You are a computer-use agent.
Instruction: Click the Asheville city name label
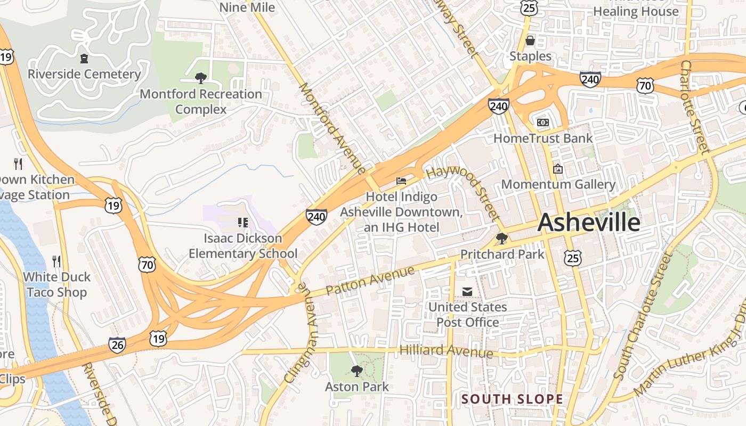589,222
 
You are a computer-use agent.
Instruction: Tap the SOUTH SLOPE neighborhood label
512,399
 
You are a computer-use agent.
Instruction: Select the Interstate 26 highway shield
117,345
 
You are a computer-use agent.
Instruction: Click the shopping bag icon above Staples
530,40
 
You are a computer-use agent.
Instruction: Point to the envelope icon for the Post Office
467,291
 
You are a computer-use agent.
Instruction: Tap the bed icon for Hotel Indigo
401,181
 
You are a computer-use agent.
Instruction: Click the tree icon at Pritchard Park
501,239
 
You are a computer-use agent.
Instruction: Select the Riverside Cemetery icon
84,58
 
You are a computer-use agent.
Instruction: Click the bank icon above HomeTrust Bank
543,122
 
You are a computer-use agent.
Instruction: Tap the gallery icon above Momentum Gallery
558,169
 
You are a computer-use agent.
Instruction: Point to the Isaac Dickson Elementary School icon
242,222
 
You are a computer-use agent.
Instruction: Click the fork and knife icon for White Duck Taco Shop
56,261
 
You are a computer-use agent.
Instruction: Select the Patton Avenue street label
370,281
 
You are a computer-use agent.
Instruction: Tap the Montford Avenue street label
333,128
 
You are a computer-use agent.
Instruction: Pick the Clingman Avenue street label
297,332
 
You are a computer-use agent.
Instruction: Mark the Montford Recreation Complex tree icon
200,78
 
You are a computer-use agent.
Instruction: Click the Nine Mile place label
247,7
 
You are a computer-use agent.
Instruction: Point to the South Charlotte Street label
642,317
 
